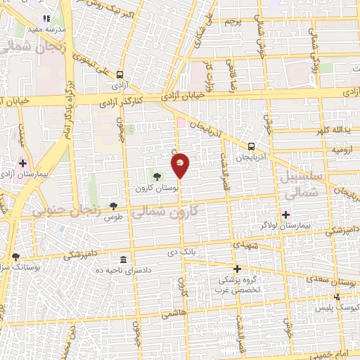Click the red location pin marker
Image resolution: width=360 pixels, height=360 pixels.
click(x=180, y=166)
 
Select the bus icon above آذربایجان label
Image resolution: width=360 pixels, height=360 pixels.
click(x=251, y=146)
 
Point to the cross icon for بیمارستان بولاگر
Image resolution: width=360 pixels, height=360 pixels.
click(x=285, y=214)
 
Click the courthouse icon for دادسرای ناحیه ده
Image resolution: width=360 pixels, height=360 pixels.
click(x=124, y=261)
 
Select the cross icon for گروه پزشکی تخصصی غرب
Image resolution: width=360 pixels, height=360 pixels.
click(x=237, y=269)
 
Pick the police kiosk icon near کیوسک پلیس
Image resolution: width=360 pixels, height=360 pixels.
click(x=337, y=297)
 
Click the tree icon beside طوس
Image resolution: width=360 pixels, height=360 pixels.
click(x=114, y=206)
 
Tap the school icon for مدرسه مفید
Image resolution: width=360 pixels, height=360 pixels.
click(x=46, y=18)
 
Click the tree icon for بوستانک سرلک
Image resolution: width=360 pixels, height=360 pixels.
click(x=15, y=257)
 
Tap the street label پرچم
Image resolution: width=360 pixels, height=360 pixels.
click(x=233, y=22)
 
